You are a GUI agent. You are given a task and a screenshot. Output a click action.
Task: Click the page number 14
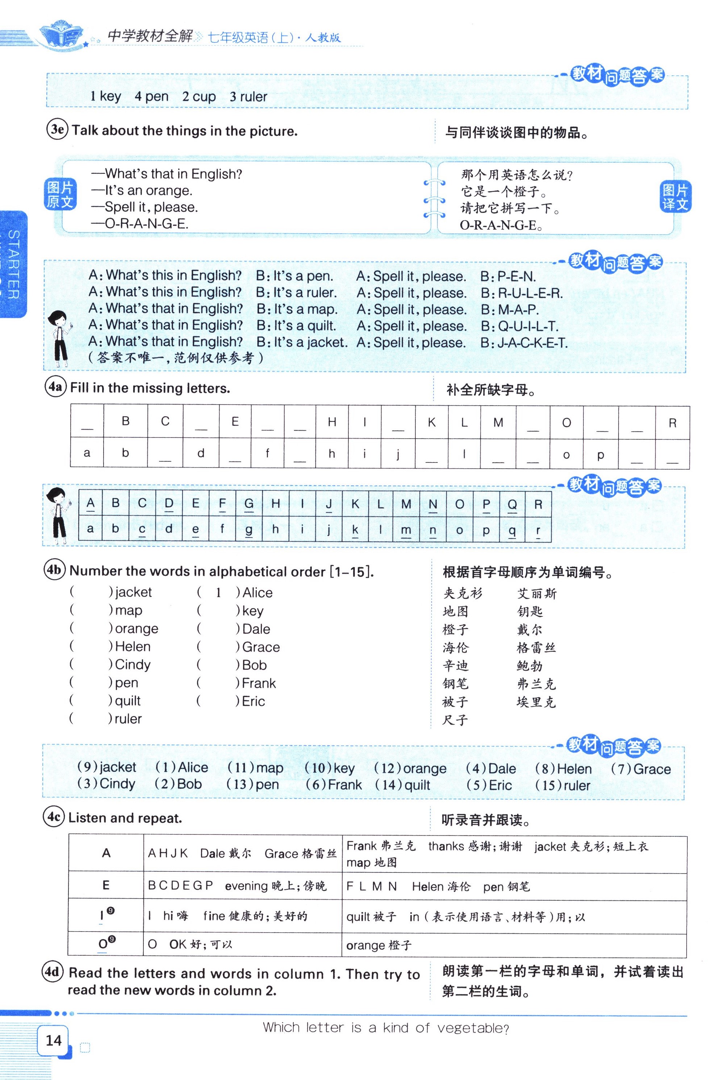(x=54, y=1040)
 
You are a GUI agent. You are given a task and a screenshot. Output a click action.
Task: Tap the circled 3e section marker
(x=57, y=129)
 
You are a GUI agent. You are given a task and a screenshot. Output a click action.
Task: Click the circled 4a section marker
(x=55, y=386)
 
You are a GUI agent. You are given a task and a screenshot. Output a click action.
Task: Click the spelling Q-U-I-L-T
(x=528, y=326)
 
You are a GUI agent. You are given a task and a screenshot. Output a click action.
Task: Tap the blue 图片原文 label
(x=60, y=194)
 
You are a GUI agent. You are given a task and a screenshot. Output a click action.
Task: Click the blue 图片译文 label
(x=675, y=197)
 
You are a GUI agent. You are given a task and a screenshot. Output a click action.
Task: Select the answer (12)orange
(x=410, y=769)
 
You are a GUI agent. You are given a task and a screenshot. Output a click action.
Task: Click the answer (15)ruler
(x=563, y=785)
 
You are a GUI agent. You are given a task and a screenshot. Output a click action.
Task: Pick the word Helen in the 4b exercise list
(x=133, y=646)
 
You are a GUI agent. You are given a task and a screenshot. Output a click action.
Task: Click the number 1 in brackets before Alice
(x=218, y=593)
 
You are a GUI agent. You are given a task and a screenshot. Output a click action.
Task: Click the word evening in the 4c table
(x=246, y=886)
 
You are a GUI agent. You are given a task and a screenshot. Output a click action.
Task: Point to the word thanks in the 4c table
(x=446, y=846)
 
